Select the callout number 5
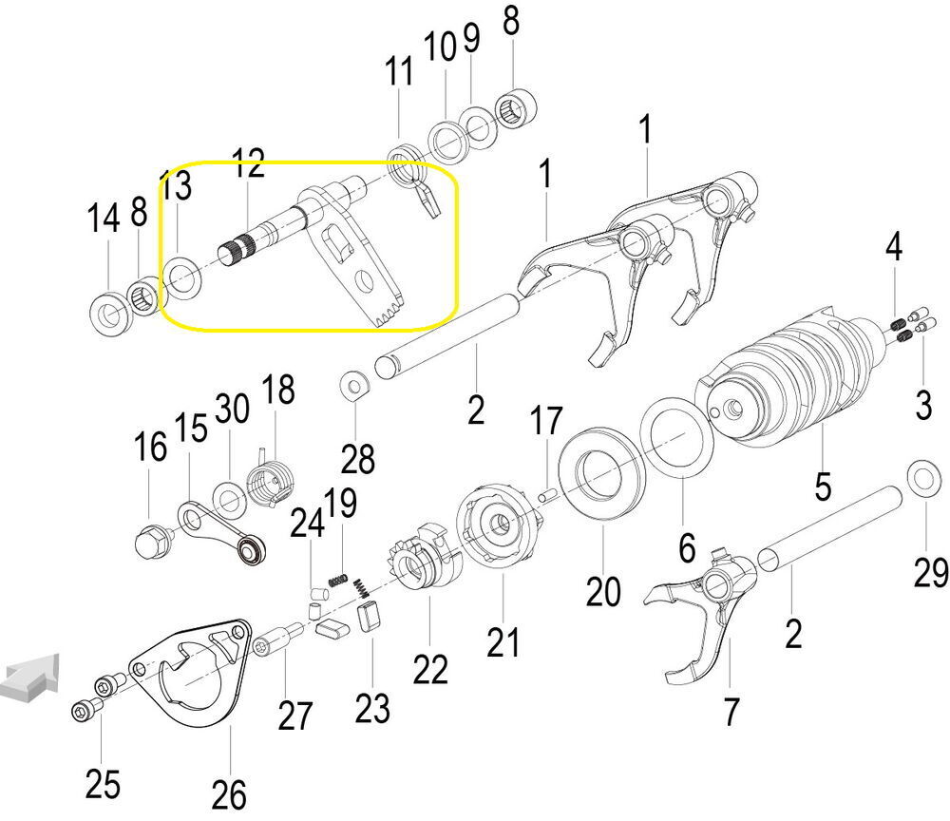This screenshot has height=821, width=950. (823, 486)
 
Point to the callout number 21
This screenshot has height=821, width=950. (503, 642)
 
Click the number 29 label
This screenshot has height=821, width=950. (931, 572)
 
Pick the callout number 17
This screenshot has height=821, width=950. (546, 421)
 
